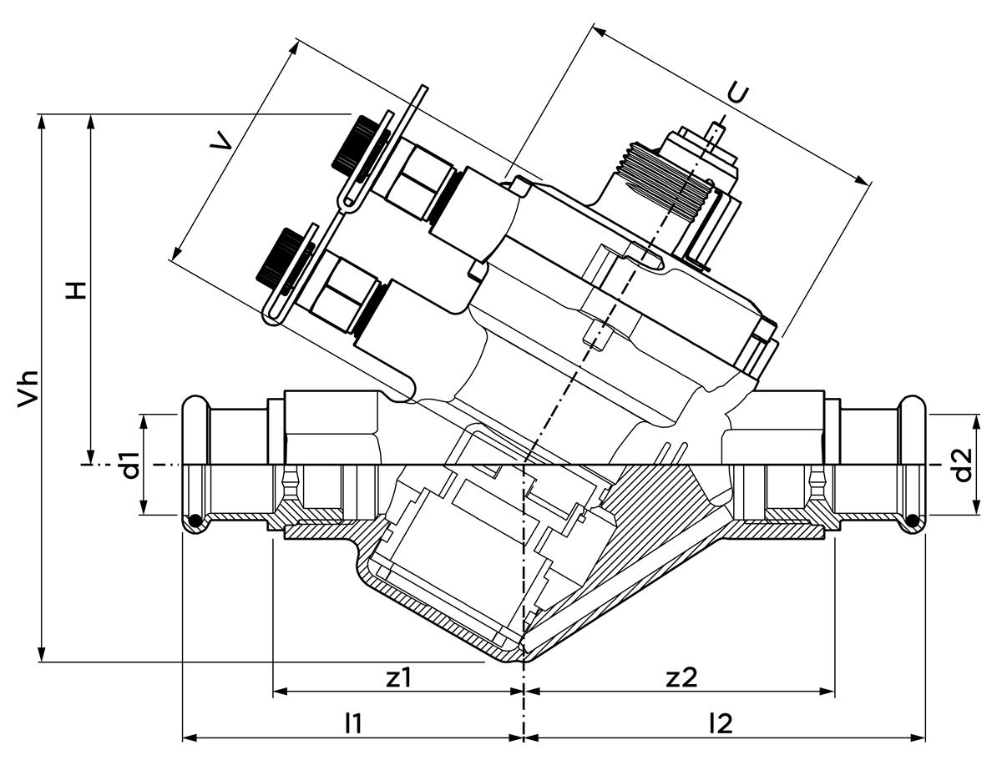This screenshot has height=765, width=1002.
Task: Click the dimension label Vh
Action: pos(28,387)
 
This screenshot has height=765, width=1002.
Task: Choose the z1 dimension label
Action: pos(399,677)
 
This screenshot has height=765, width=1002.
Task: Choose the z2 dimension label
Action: pos(681,677)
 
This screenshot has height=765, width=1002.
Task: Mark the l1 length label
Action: pos(354,723)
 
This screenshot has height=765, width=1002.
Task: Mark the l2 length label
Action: pos(720,723)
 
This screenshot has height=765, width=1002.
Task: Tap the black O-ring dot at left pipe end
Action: pos(194,522)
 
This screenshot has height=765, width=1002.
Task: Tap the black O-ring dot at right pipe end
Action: pos(913,522)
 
